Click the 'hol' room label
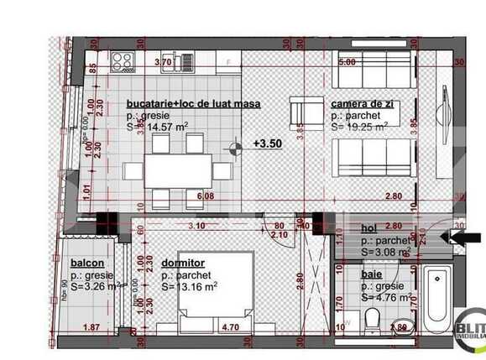369,227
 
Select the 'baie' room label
372,274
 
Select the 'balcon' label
86,262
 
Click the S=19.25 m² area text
360,127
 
